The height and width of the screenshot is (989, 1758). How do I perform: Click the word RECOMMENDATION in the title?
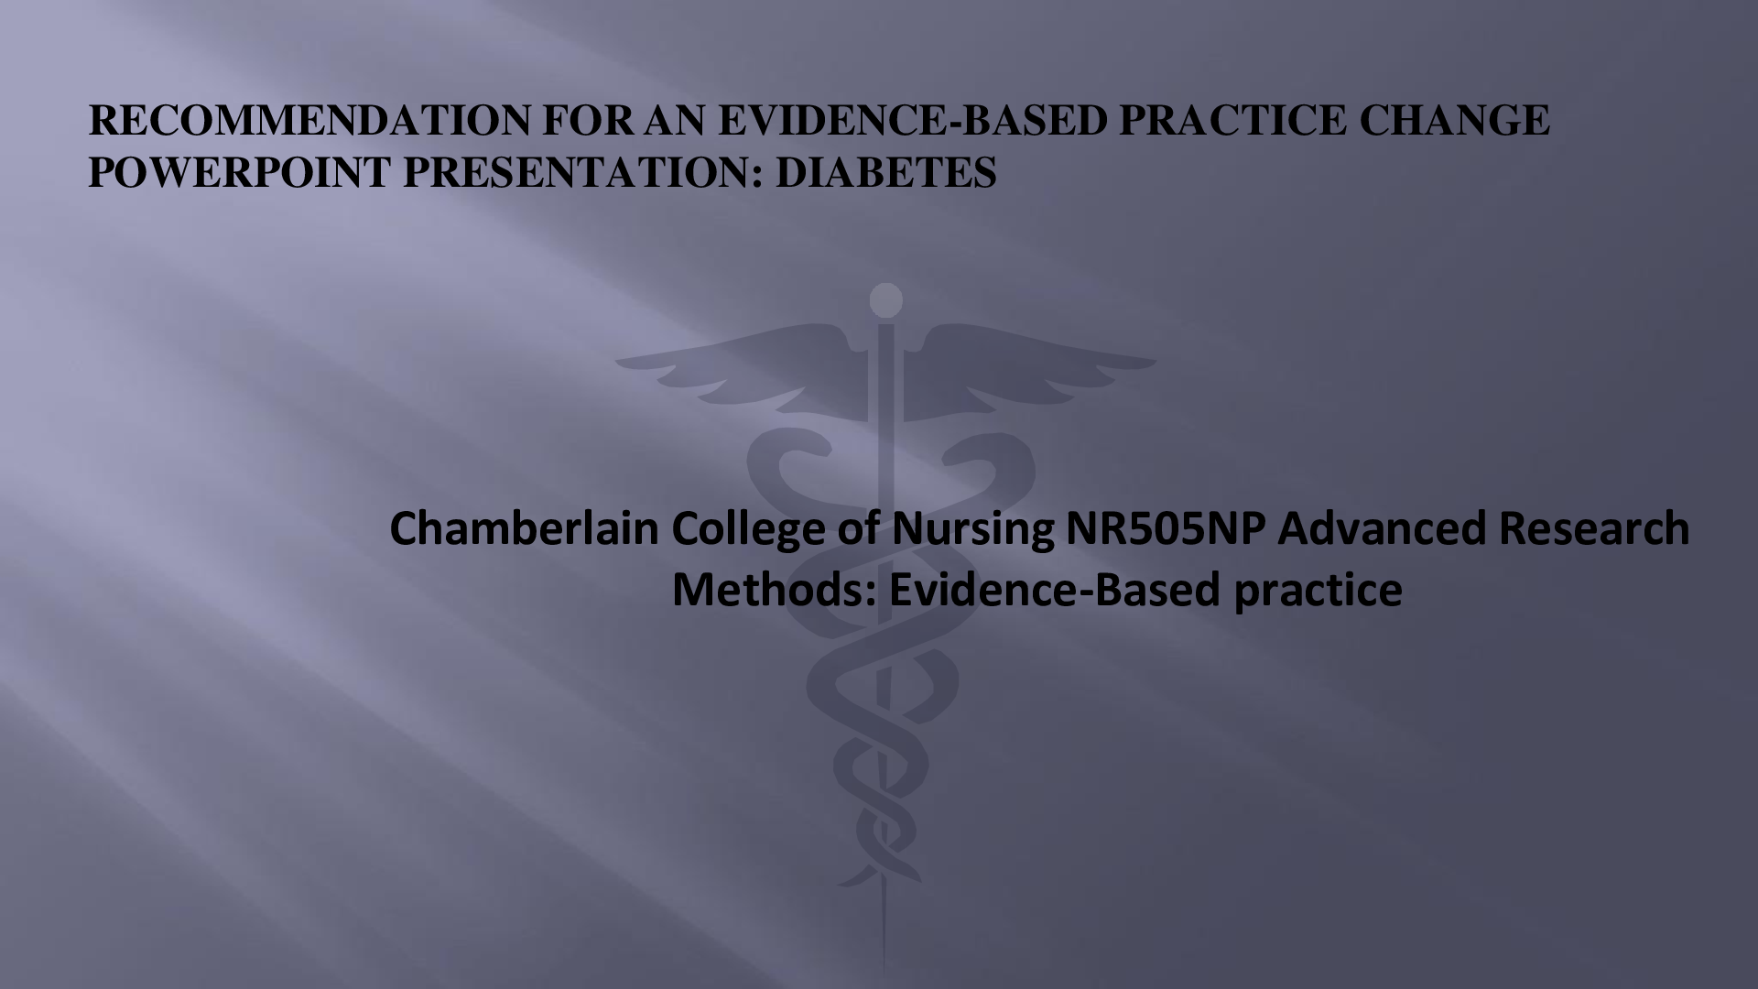pyautogui.click(x=309, y=122)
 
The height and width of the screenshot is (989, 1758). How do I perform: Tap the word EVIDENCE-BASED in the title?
pyautogui.click(x=913, y=122)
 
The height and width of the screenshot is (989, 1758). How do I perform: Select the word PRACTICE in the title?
pyautogui.click(x=1232, y=122)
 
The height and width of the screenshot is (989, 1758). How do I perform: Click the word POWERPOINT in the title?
pyautogui.click(x=240, y=172)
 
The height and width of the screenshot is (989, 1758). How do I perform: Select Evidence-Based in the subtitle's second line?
pyautogui.click(x=1054, y=590)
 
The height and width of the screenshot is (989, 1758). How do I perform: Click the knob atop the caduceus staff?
pyautogui.click(x=885, y=299)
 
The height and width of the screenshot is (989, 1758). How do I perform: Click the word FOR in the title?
pyautogui.click(x=587, y=122)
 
